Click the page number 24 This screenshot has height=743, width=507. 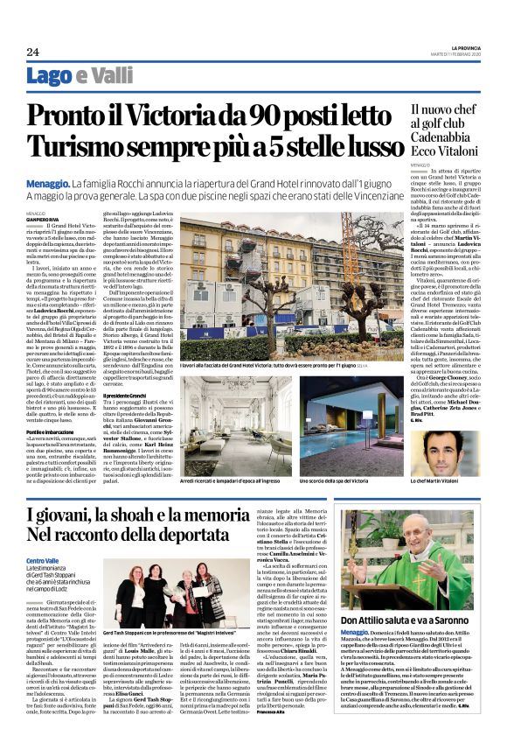tap(33, 52)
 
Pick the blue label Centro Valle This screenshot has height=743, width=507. tap(43, 558)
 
